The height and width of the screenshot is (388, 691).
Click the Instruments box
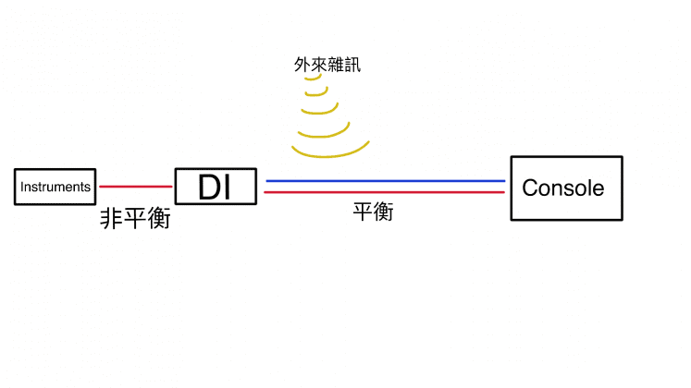(56, 187)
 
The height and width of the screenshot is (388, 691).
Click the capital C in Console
(530, 188)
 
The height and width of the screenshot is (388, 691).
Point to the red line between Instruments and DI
(135, 187)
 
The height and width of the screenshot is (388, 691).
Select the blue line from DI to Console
(385, 181)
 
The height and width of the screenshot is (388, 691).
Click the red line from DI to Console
(385, 192)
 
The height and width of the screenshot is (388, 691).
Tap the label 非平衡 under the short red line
(135, 219)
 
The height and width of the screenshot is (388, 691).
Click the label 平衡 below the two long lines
(374, 212)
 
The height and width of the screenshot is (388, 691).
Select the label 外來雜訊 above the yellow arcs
(322, 65)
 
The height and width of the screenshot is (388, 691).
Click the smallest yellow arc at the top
(313, 79)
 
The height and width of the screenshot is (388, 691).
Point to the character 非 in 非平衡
(111, 219)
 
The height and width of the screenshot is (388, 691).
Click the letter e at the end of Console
(598, 188)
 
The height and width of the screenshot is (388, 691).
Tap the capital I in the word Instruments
(22, 187)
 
